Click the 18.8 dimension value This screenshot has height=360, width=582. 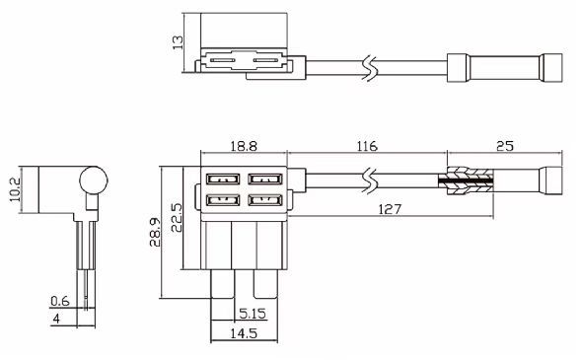[x=243, y=146]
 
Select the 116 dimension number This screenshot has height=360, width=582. [x=367, y=146]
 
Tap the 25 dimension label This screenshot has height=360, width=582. [x=505, y=146]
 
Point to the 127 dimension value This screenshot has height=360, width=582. [x=390, y=209]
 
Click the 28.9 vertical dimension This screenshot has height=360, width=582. [x=155, y=233]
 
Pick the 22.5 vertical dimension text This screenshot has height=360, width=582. [x=177, y=218]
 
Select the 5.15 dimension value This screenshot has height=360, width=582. [x=253, y=314]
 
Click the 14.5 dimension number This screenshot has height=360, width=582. [x=244, y=333]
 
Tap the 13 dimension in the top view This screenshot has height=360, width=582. [x=178, y=42]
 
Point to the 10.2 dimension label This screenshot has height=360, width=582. [x=15, y=189]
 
